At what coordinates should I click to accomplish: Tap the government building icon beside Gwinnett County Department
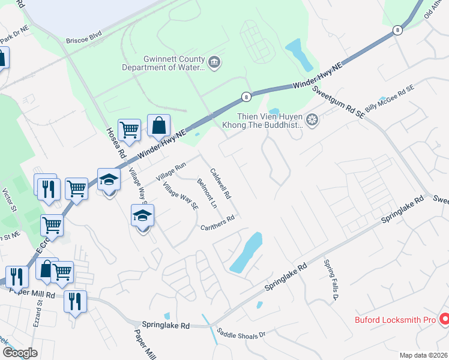215,62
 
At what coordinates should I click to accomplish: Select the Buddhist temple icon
312,120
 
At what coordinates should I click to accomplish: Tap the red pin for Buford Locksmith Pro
444,320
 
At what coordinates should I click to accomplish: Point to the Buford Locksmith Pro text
394,320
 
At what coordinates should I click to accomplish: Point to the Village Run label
171,172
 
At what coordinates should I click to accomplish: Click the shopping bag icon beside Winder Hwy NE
159,127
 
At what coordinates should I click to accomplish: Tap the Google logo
20,353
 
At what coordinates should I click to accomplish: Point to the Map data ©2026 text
423,355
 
